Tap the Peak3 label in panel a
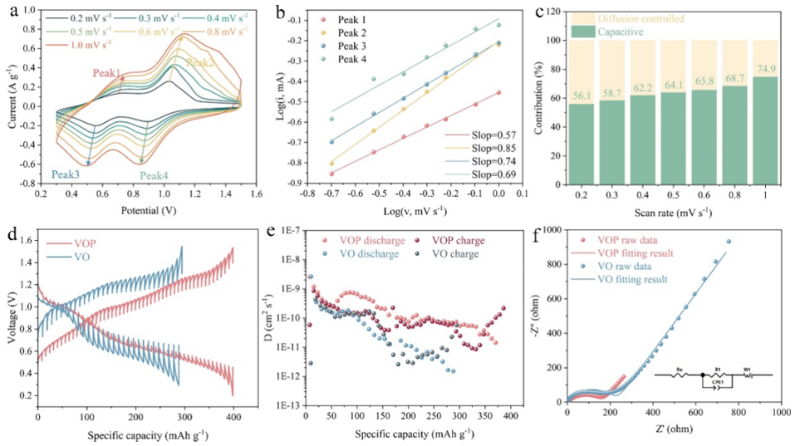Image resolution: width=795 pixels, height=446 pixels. coord(66,174)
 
